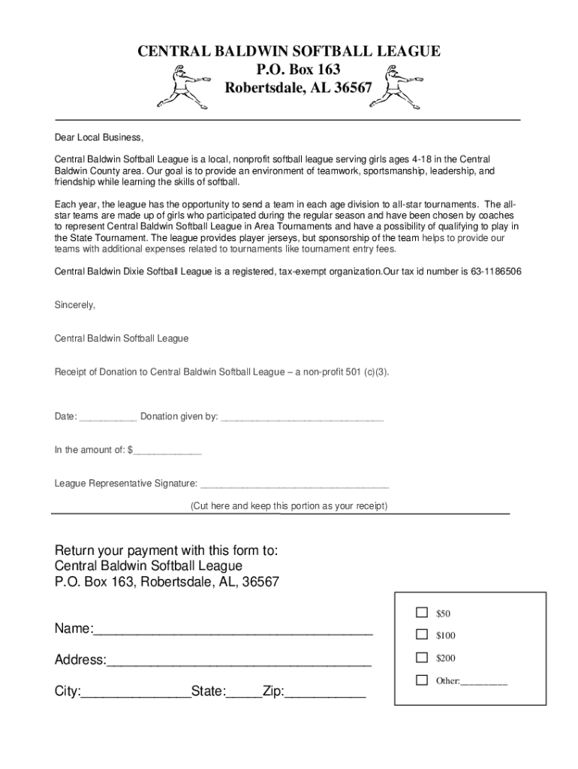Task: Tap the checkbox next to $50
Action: pos(422,613)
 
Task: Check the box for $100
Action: pos(422,635)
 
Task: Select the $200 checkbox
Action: pos(422,658)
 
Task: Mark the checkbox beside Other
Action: pos(422,680)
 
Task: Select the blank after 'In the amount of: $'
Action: pos(167,452)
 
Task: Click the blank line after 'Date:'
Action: pos(107,418)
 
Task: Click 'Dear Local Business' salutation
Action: pos(98,137)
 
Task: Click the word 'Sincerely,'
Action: pos(75,305)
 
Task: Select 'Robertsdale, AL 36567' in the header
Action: pos(299,88)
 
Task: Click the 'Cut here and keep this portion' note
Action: pos(289,506)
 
